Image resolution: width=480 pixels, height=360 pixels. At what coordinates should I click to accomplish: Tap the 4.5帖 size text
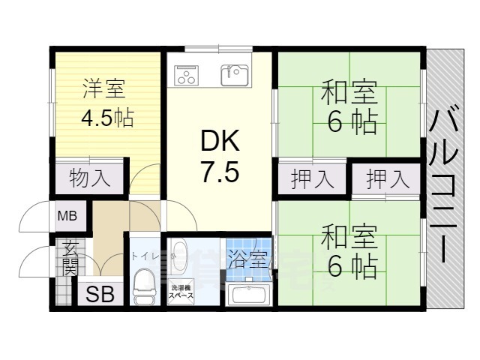pos(107,118)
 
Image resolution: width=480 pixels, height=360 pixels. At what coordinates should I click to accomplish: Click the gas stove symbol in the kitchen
pos(184,75)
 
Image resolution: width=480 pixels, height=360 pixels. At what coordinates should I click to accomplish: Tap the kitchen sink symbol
pos(235,74)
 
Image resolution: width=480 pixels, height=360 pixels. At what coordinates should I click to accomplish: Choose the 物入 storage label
pos(90,178)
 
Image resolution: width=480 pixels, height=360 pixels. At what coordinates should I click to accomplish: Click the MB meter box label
pos(67,217)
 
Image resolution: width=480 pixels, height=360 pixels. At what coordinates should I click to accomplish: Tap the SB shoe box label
pos(100,295)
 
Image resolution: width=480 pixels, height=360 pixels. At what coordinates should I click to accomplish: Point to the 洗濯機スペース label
pos(182,292)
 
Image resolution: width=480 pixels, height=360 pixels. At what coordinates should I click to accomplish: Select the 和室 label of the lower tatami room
pos(349,238)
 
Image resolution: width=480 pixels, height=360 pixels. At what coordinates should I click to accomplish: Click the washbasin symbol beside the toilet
pos(180,250)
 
